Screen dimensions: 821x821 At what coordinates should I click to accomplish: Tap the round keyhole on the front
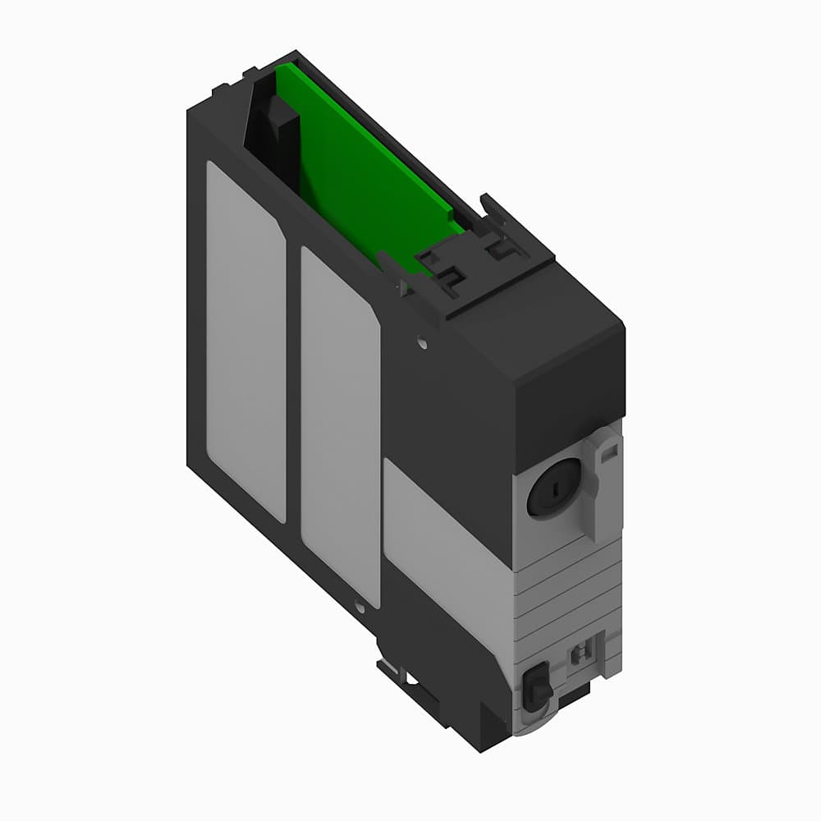[553, 486]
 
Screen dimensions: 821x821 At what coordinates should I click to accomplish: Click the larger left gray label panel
[245, 341]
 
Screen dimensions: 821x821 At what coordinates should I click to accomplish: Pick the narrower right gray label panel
[340, 427]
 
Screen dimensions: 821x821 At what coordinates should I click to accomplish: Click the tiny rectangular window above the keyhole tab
[609, 451]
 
